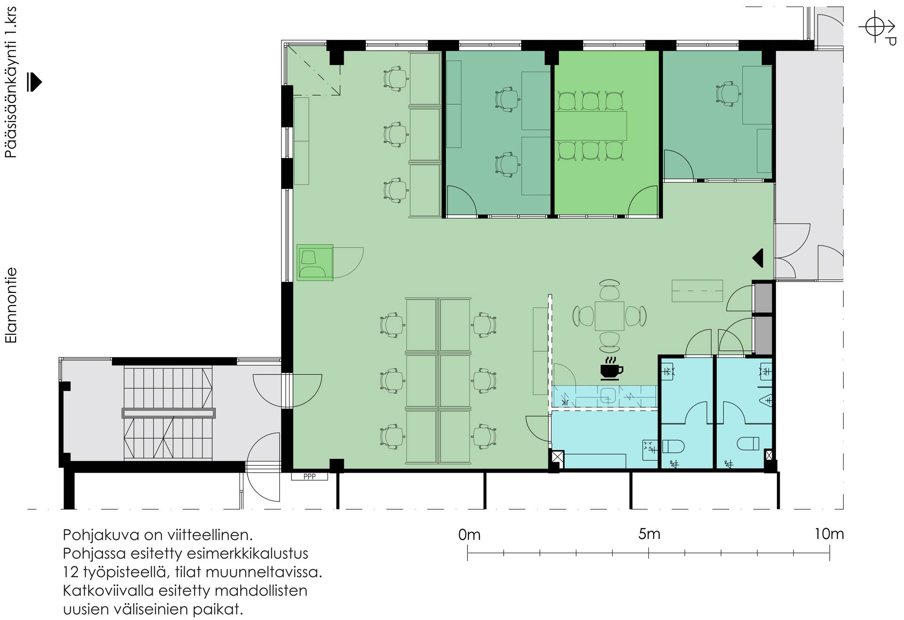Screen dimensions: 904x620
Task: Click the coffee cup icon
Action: tap(611, 369)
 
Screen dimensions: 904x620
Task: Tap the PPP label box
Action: tap(309, 476)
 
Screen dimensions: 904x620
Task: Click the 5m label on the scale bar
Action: tap(649, 535)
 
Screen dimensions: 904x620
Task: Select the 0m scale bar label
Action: tap(469, 535)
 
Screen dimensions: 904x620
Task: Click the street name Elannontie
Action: tap(11, 305)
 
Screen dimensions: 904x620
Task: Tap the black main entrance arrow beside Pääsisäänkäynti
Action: tap(34, 82)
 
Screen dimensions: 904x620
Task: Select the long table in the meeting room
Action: tap(591, 125)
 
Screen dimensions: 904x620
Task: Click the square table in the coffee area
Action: tap(610, 316)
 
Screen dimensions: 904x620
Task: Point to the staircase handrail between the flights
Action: tap(169, 413)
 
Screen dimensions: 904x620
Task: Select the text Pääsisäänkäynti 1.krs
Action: tap(11, 83)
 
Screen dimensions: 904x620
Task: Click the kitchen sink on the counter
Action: tap(608, 395)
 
